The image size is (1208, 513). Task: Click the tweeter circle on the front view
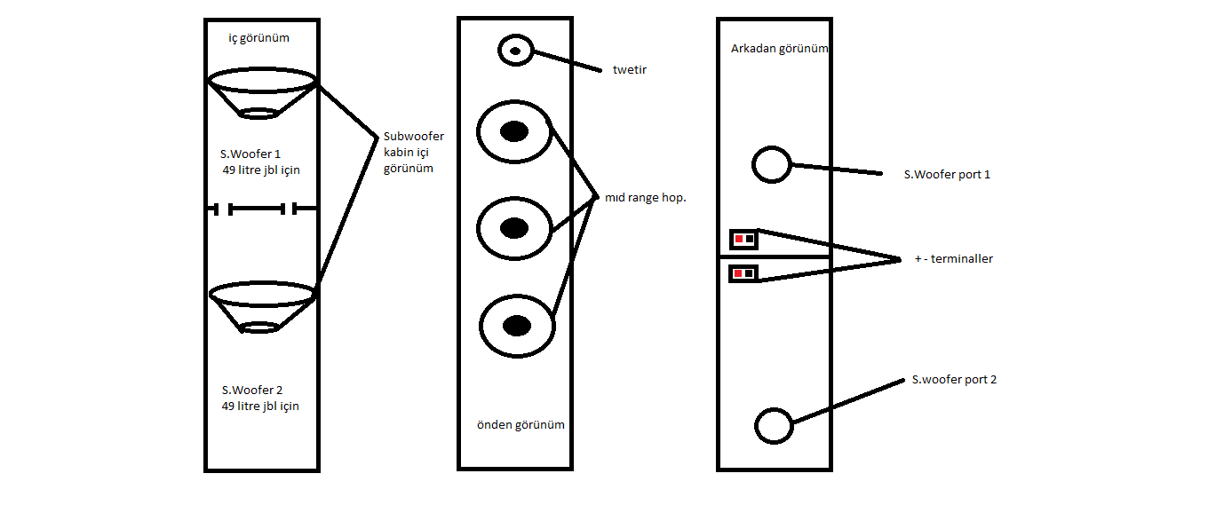(x=515, y=50)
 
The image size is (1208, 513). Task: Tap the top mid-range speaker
(x=514, y=132)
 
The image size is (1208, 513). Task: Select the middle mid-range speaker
(x=514, y=228)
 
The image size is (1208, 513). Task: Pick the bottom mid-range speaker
(x=517, y=327)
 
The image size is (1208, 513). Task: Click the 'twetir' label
(x=629, y=69)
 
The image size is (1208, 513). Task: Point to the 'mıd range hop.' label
(x=645, y=198)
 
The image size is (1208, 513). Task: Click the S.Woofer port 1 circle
(x=771, y=164)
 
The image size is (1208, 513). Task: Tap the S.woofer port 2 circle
(x=773, y=426)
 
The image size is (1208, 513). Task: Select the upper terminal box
(x=743, y=239)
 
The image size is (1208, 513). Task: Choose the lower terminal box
(x=743, y=273)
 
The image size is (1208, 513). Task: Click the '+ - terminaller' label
(x=953, y=259)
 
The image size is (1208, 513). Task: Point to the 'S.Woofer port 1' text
(x=947, y=175)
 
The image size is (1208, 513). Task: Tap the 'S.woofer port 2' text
(x=954, y=380)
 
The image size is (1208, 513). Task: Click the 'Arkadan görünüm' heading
(x=779, y=49)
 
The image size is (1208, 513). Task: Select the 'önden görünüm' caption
(x=521, y=425)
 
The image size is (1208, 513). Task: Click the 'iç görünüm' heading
(x=259, y=38)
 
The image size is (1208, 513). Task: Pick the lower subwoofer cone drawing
(x=262, y=306)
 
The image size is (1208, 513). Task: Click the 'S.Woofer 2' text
(x=252, y=391)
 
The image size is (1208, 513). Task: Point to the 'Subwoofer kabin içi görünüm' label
(x=413, y=152)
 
